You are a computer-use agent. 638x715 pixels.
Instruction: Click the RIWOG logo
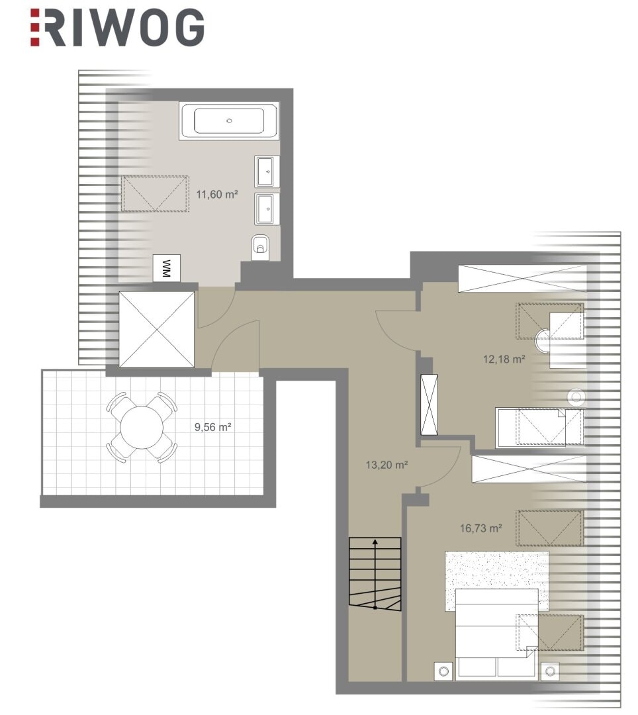[117, 28]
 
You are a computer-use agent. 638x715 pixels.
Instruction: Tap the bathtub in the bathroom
[229, 121]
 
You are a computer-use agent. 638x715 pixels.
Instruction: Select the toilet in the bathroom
[260, 247]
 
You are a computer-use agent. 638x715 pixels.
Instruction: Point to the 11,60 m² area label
[217, 195]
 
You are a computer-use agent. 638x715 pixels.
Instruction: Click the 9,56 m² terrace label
[213, 427]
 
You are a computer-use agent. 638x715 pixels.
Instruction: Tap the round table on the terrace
[141, 427]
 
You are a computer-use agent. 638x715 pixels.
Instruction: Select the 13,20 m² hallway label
[387, 465]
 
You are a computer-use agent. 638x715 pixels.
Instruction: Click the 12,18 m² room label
[504, 359]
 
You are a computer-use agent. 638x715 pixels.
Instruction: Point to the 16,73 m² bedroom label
[480, 528]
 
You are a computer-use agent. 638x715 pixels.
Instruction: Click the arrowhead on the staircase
[375, 543]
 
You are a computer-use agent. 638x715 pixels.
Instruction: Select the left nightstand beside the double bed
[444, 671]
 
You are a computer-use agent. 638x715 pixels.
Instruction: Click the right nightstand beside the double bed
[550, 671]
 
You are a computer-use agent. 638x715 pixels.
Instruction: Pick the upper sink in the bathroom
[267, 171]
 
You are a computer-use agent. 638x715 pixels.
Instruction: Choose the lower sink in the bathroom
[267, 209]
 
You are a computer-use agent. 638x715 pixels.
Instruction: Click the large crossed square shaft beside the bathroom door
[156, 329]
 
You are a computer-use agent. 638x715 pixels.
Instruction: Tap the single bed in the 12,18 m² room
[540, 428]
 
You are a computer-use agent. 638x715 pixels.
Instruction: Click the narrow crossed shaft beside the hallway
[429, 405]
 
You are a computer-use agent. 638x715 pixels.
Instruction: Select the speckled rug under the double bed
[497, 581]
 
